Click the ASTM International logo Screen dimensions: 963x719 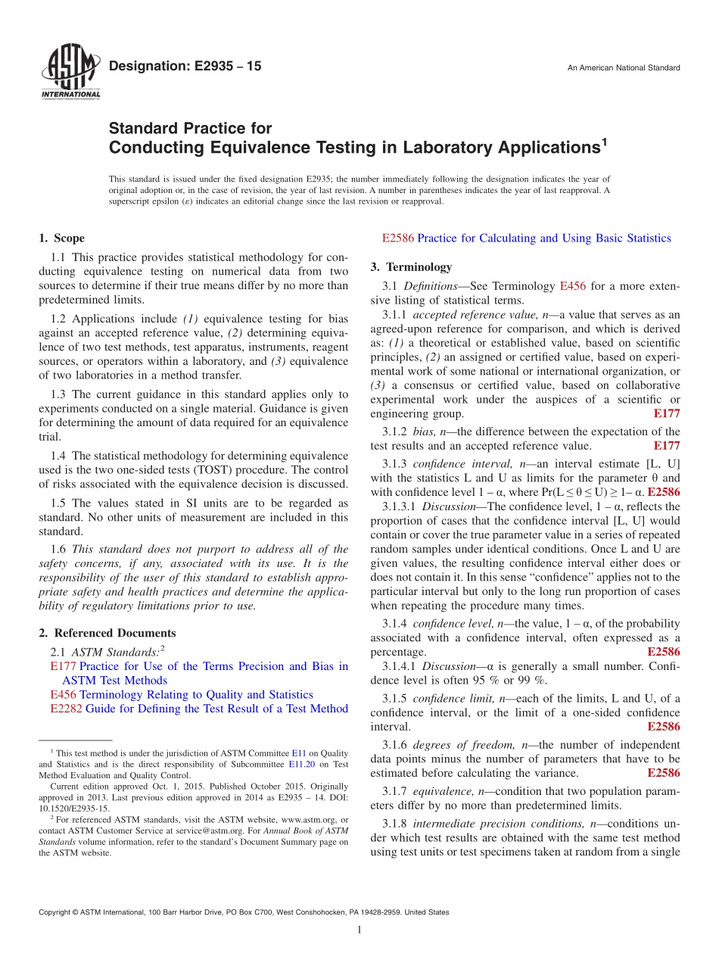tap(70, 73)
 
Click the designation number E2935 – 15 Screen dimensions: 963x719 tap(185, 67)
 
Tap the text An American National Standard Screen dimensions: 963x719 tap(623, 68)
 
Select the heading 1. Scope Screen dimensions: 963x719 tap(62, 238)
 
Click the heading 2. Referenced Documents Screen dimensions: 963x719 tap(107, 633)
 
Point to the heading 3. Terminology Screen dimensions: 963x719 tap(411, 266)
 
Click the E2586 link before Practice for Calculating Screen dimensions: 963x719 tap(398, 238)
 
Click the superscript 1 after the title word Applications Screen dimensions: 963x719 tap(603, 140)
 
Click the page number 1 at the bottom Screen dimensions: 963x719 tap(359, 929)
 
